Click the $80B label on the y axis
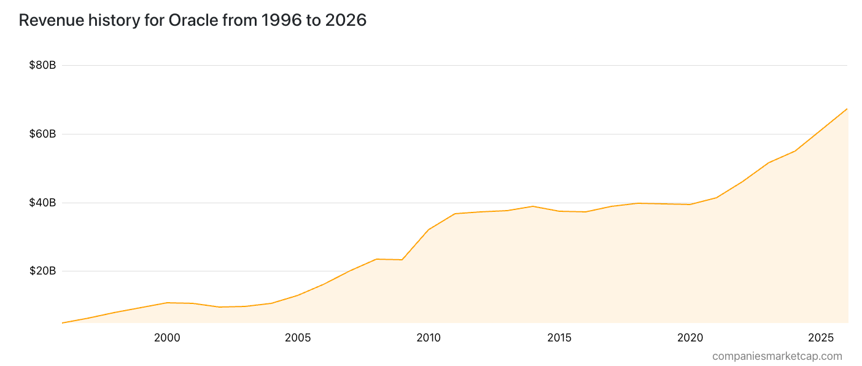point(42,65)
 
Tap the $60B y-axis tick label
point(42,134)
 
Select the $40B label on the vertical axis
point(42,203)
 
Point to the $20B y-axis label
point(42,271)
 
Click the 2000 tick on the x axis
point(167,338)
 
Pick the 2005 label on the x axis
point(298,338)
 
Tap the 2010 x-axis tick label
point(429,338)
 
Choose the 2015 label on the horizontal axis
point(559,338)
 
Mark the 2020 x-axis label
point(690,338)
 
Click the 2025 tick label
point(821,338)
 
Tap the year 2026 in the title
point(346,20)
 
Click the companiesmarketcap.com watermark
point(777,356)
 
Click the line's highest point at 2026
point(847,109)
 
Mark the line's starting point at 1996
point(63,323)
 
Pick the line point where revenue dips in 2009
point(402,260)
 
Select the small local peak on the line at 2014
point(533,206)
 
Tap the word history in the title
point(114,20)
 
